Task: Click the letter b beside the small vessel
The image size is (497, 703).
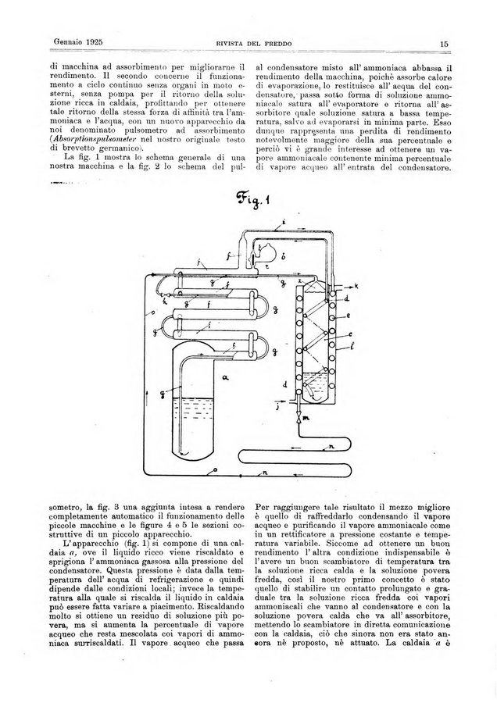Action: [x=282, y=256]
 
